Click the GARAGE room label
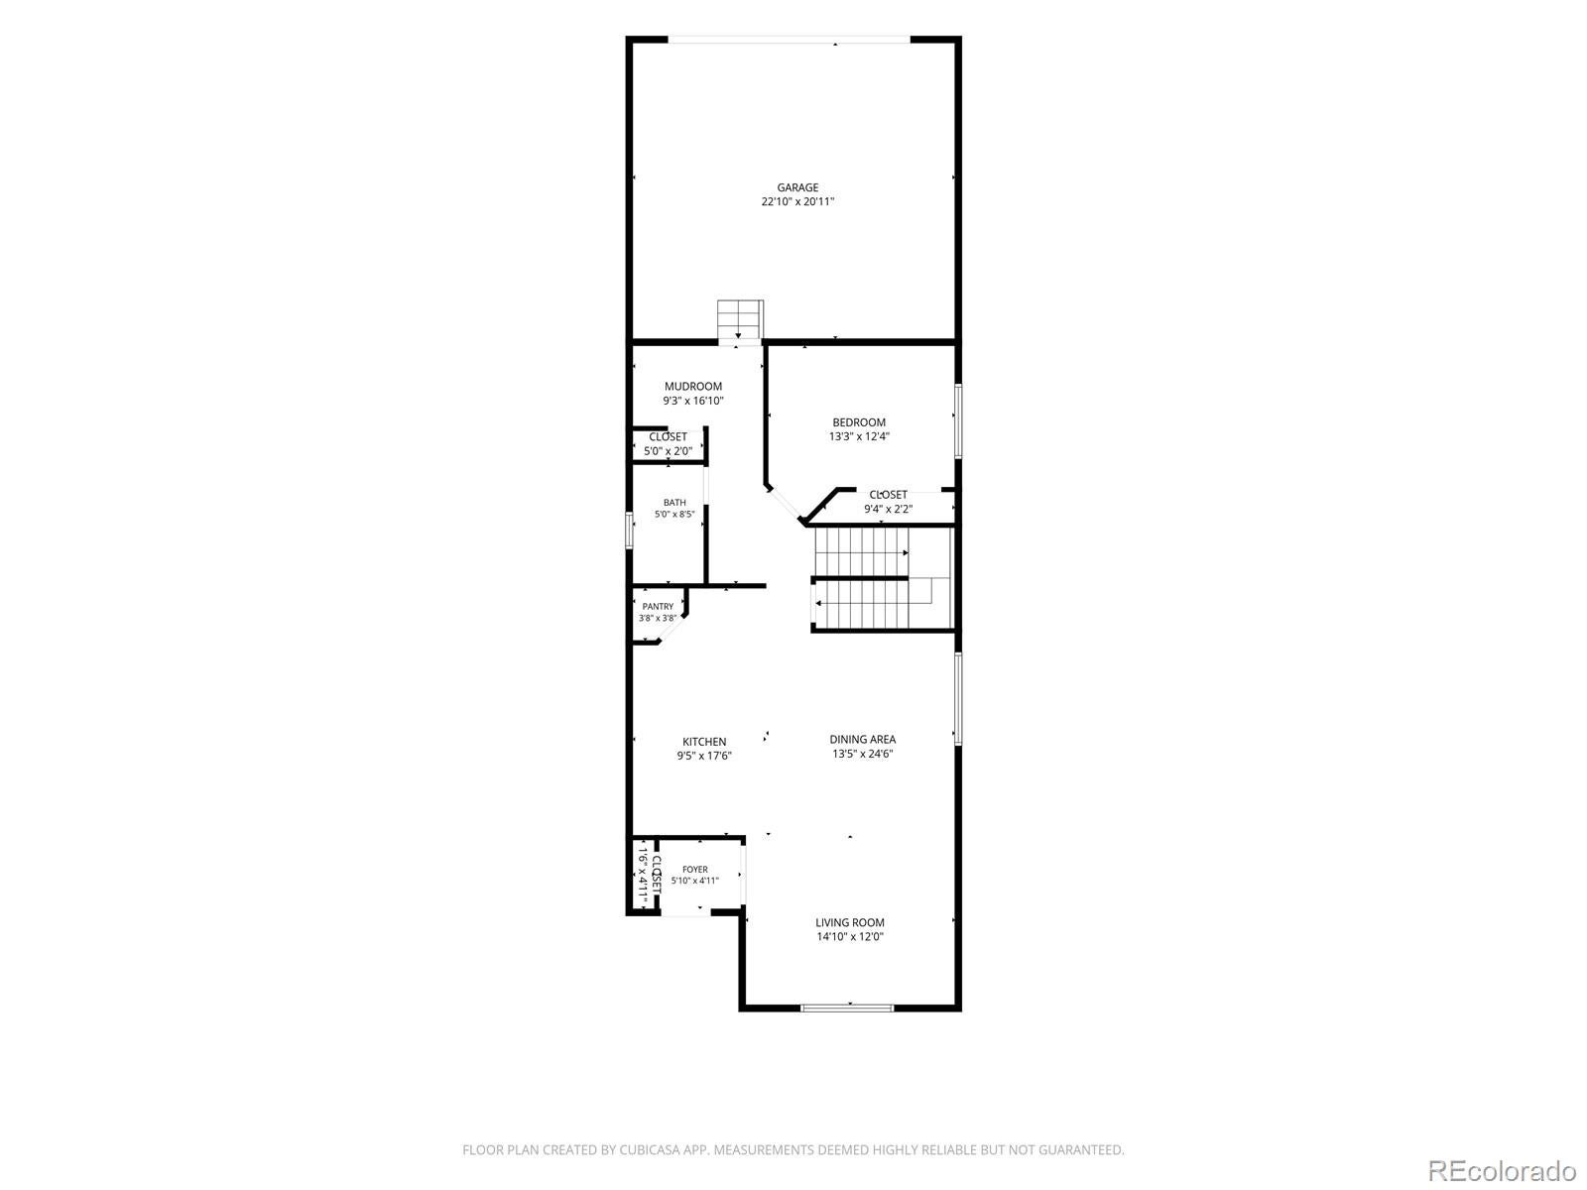click(797, 187)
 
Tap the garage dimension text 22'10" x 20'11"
click(797, 202)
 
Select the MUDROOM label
click(692, 387)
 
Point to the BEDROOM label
click(859, 422)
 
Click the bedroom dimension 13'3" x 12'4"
click(859, 436)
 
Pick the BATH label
click(674, 503)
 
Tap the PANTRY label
click(658, 607)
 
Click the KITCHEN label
click(704, 742)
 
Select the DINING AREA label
click(863, 740)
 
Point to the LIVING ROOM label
click(849, 922)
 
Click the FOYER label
click(695, 870)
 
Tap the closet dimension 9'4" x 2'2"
click(888, 510)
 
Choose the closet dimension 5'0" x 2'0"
click(669, 451)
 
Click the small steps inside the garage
click(740, 319)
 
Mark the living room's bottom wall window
click(847, 1008)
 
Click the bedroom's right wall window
click(958, 421)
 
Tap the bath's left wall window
click(629, 531)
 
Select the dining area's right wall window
click(958, 699)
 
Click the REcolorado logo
click(1503, 1170)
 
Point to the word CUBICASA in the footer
click(650, 1149)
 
